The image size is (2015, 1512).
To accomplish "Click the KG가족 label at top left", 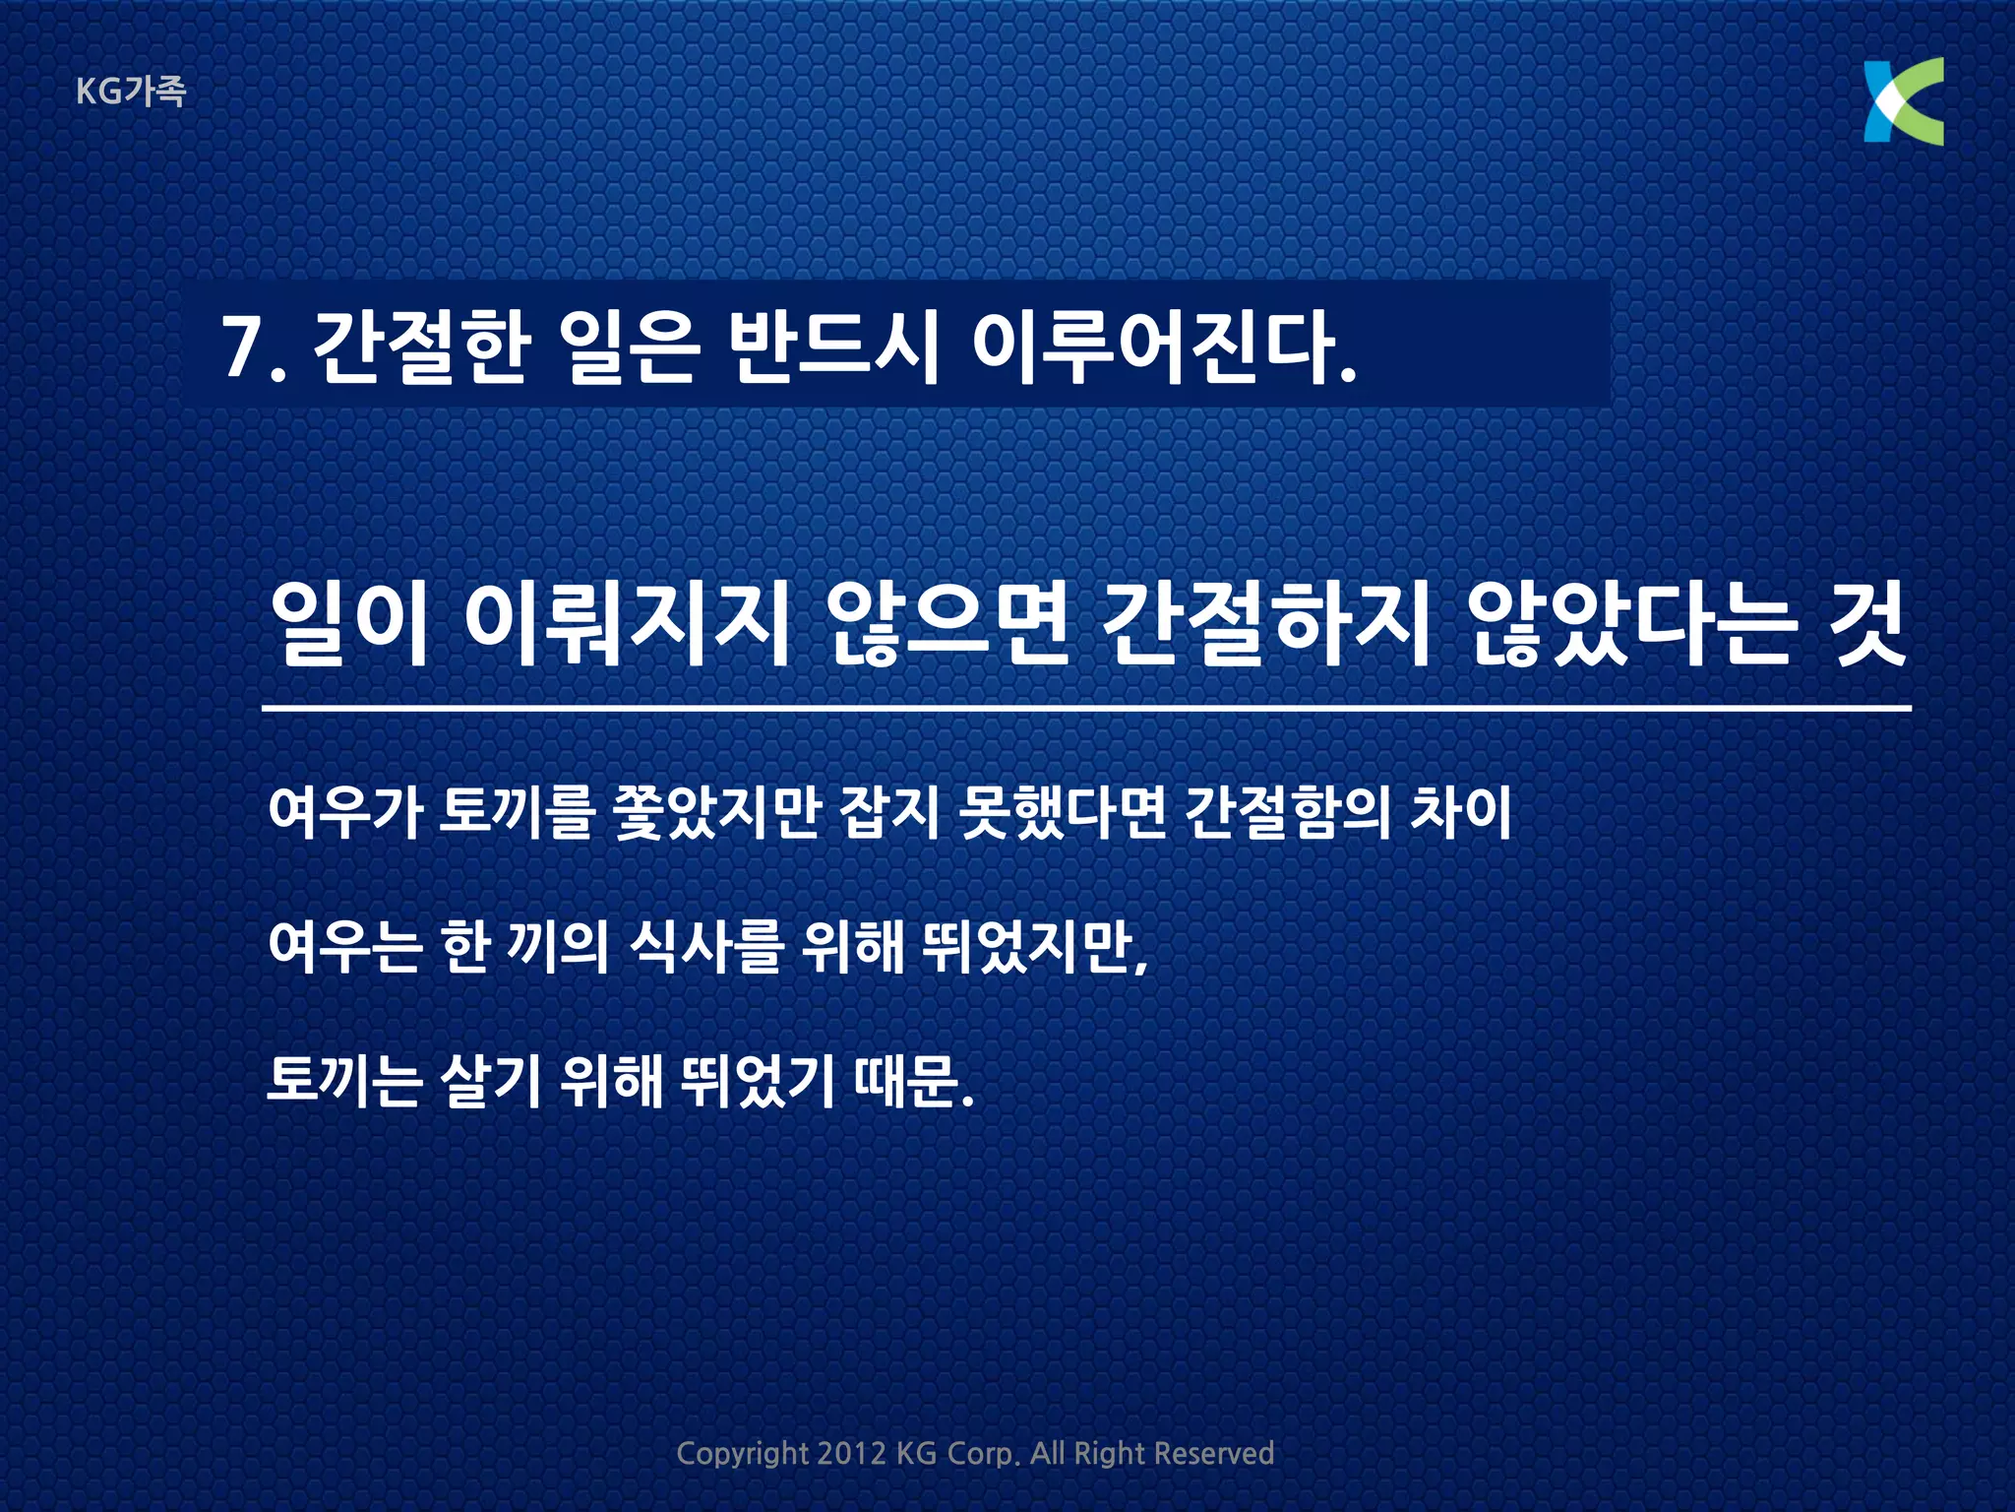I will tap(130, 92).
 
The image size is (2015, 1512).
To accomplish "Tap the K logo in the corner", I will tap(1903, 101).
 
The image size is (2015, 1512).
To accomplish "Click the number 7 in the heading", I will tap(241, 347).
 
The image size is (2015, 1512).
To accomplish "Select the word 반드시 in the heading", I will tap(834, 347).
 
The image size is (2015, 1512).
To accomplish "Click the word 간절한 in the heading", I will tap(422, 347).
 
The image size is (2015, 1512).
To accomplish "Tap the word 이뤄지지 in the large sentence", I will tap(628, 624).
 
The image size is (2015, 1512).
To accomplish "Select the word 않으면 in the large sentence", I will tap(946, 624).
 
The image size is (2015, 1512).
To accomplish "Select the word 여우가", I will tap(345, 813).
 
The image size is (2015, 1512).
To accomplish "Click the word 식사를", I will tap(706, 946).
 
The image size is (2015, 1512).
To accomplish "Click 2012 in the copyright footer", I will tap(851, 1453).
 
